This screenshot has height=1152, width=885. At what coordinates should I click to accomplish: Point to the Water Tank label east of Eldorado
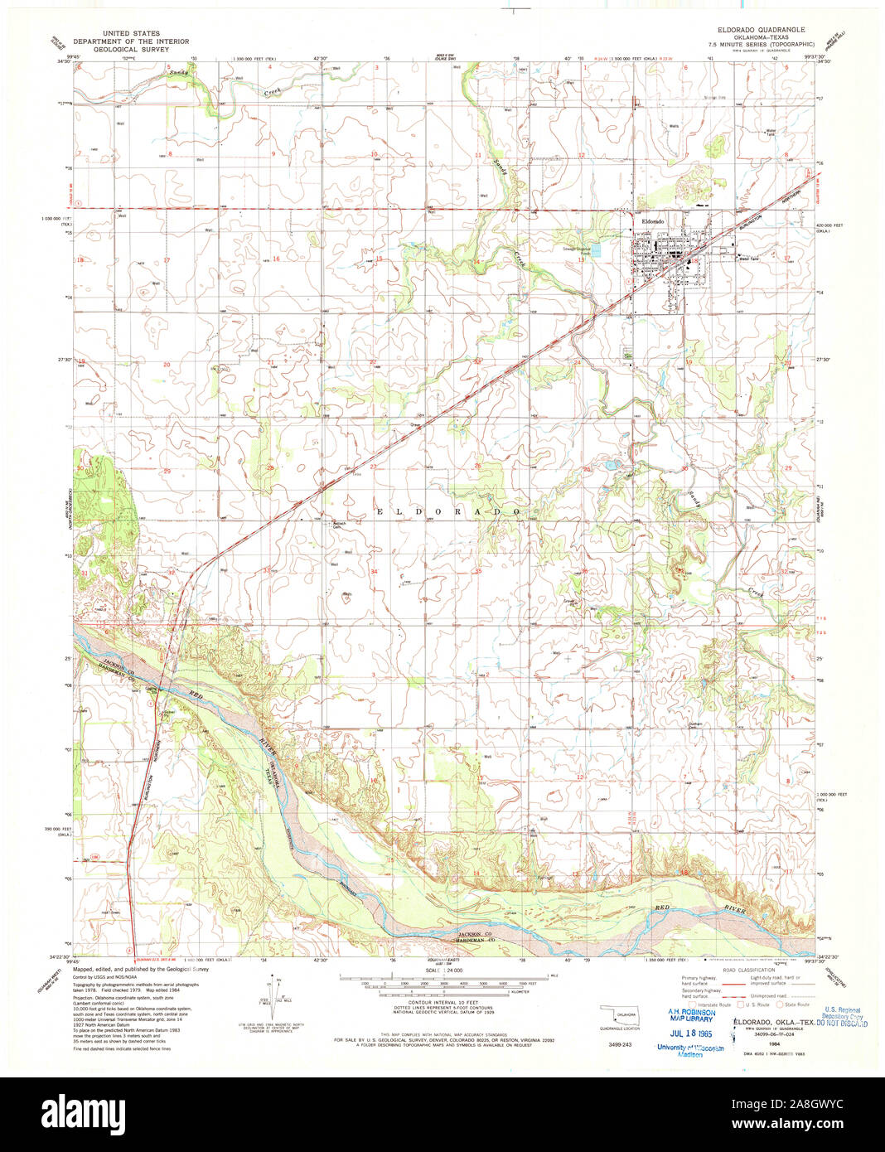pos(749,259)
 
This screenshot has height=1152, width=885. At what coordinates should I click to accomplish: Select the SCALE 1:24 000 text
pos(444,970)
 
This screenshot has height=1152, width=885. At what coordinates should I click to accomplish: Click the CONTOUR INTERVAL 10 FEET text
pos(444,1004)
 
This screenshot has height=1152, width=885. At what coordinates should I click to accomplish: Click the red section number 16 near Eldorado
pos(277,259)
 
